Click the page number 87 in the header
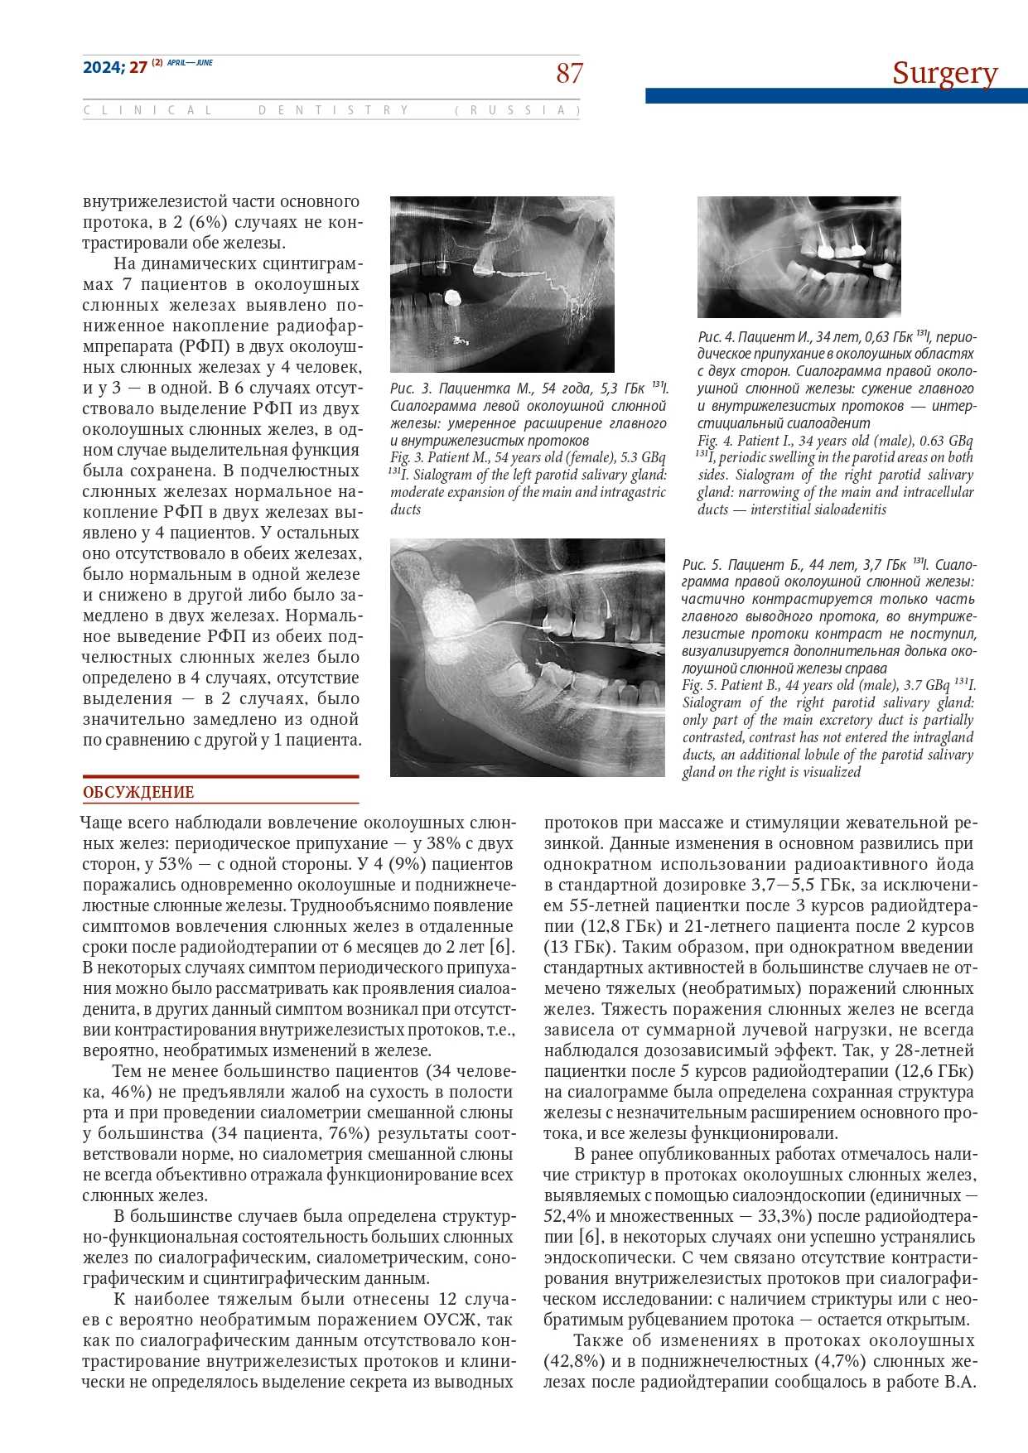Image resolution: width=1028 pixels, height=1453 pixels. point(569,74)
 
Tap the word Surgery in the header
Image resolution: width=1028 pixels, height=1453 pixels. point(944,73)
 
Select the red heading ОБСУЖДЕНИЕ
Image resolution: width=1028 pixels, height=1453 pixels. point(138,792)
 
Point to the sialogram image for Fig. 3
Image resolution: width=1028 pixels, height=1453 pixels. point(502,284)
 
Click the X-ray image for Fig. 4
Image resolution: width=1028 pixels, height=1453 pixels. point(799,257)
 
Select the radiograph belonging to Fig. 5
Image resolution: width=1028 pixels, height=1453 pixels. point(527,657)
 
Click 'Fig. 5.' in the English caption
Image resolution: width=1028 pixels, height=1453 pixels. point(699,685)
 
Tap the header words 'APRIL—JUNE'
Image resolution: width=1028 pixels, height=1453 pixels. point(190,63)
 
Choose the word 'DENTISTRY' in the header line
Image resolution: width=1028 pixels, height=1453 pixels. point(334,110)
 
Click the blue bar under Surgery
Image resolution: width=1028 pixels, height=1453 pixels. point(836,96)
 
